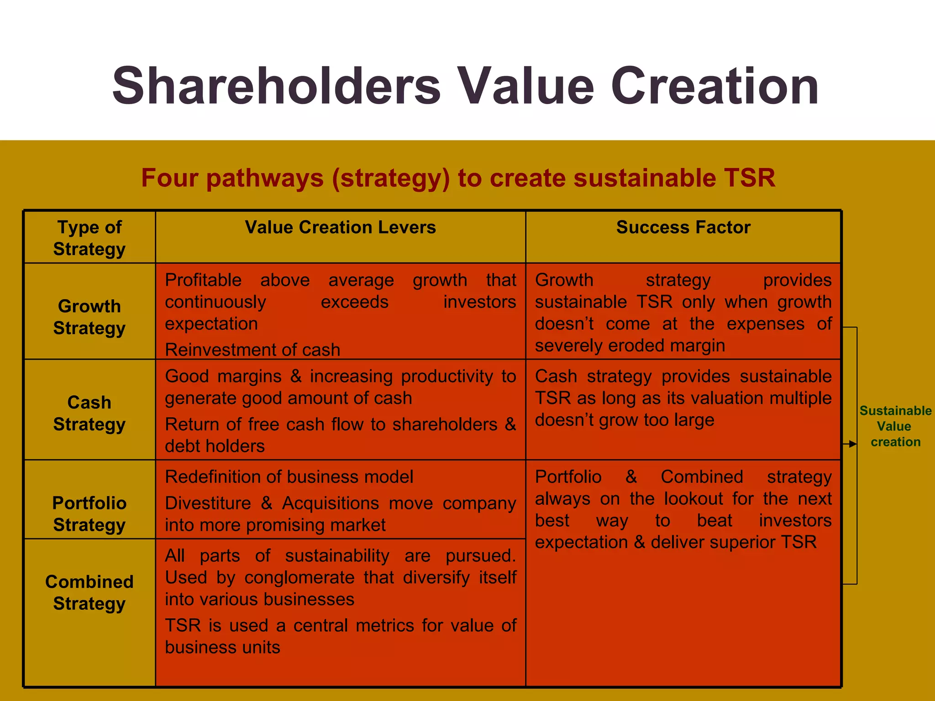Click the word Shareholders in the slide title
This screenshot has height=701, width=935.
(276, 86)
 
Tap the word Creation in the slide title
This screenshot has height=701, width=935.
(714, 86)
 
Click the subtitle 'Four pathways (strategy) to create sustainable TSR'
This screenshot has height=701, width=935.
(458, 178)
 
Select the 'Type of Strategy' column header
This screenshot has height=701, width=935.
(89, 238)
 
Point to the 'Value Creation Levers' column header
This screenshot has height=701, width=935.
(340, 227)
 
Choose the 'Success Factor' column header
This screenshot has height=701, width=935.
(683, 227)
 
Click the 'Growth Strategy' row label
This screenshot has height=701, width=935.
(89, 317)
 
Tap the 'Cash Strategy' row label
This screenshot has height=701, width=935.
(89, 413)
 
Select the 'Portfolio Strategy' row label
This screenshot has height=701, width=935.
(89, 513)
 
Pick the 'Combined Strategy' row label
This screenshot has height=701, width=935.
(89, 592)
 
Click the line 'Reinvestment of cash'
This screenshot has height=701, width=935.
(252, 350)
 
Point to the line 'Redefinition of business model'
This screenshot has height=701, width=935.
(289, 476)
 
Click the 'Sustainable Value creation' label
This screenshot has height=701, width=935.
(895, 426)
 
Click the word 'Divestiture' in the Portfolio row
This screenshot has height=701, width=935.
(208, 503)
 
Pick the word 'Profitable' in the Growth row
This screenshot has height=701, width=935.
(203, 280)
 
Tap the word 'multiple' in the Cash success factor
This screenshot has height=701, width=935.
(800, 398)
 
